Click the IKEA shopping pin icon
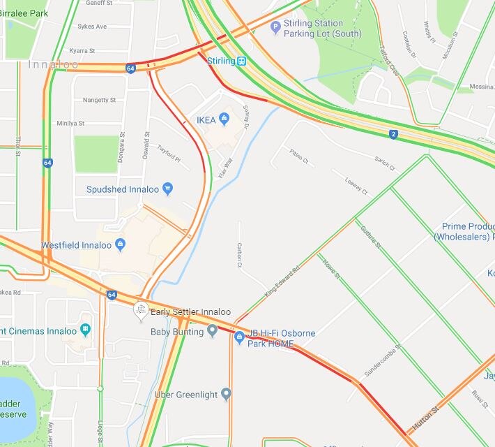[224, 119]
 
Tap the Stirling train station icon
[241, 61]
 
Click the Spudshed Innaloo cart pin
[167, 189]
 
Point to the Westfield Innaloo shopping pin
[121, 244]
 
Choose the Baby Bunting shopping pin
[213, 331]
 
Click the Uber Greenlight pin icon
[226, 395]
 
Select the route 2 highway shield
[393, 134]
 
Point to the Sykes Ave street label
[92, 27]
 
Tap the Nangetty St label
[99, 100]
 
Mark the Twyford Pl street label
[169, 154]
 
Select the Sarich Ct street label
[384, 164]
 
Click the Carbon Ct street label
[238, 256]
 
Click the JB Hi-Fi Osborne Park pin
[239, 338]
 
